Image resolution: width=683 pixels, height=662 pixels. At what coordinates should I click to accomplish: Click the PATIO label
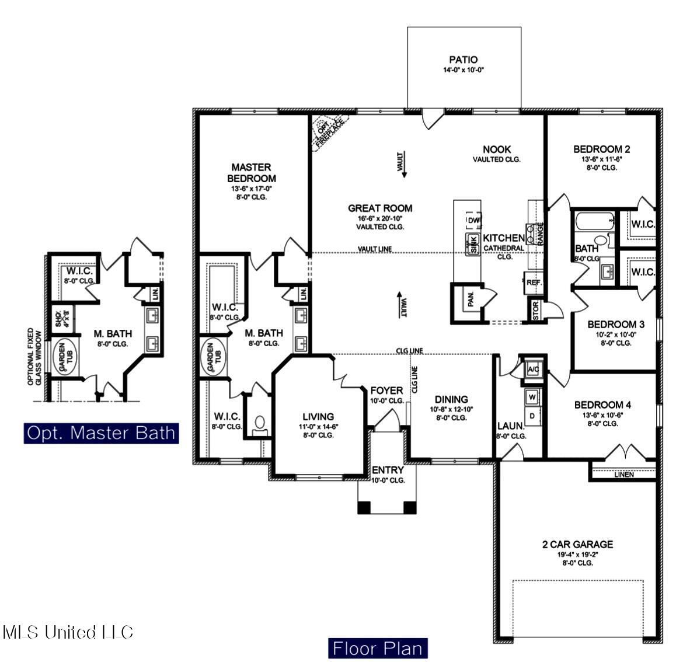click(464, 60)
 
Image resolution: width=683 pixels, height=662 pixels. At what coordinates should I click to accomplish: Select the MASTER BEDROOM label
click(251, 173)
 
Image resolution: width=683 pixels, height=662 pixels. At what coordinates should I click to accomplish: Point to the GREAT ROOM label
click(380, 208)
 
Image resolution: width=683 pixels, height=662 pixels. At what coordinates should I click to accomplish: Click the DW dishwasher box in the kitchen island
click(473, 220)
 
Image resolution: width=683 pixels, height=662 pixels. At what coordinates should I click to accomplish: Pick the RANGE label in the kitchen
click(540, 233)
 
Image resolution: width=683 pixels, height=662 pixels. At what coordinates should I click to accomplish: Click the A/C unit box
click(532, 370)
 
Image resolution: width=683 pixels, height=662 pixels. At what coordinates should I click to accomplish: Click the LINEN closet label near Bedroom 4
click(624, 475)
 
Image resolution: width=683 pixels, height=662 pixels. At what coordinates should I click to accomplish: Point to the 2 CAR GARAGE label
click(577, 545)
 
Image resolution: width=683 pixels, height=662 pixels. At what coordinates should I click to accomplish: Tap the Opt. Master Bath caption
click(102, 433)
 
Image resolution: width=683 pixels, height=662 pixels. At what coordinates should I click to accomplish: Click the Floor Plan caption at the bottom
click(377, 648)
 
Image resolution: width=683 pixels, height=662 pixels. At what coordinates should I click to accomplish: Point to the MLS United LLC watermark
click(68, 632)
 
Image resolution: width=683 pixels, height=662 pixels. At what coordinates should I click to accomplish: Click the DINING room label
click(451, 400)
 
